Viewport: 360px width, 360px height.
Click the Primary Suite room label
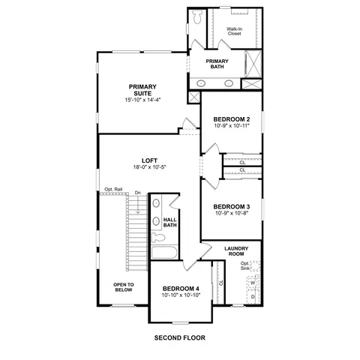[x=142, y=90]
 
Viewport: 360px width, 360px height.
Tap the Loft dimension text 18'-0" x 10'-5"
[x=149, y=167]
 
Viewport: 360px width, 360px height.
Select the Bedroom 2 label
[x=232, y=119]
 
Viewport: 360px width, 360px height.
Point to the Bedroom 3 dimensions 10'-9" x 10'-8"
[x=232, y=213]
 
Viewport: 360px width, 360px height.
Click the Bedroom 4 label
[x=181, y=289]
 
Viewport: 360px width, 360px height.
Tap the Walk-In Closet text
[x=234, y=31]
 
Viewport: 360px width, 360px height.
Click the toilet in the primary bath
[x=197, y=16]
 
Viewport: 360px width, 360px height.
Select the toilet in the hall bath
[x=158, y=237]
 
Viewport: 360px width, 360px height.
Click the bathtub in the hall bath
[x=164, y=253]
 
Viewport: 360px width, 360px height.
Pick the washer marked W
[x=253, y=283]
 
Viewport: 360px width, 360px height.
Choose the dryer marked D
[x=253, y=297]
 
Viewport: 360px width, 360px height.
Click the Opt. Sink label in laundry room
[x=244, y=265]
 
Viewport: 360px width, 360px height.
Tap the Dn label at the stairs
[x=138, y=193]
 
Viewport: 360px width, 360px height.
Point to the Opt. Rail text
[x=113, y=189]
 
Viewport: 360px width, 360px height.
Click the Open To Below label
[x=124, y=287]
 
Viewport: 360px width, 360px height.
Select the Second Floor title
[x=180, y=337]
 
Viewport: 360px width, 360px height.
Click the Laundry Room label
[x=236, y=251]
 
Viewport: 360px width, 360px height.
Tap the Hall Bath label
[x=170, y=222]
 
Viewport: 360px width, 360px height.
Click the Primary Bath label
[x=217, y=64]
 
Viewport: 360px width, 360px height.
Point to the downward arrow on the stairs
[x=138, y=205]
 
